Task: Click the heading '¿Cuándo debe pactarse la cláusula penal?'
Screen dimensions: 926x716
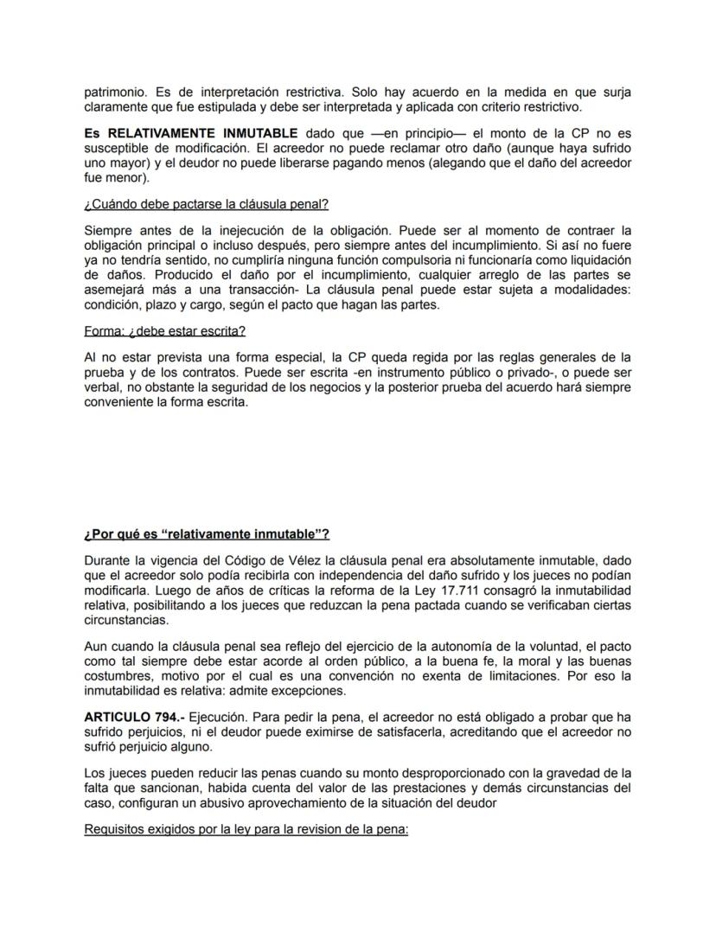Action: [206, 205]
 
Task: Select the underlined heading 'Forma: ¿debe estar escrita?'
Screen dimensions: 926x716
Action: [165, 330]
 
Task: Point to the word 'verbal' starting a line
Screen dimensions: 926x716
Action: [102, 388]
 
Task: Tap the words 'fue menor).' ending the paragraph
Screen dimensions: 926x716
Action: [117, 177]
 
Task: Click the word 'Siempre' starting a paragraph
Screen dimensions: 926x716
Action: [108, 230]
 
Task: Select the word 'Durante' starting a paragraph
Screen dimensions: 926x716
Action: [109, 562]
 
